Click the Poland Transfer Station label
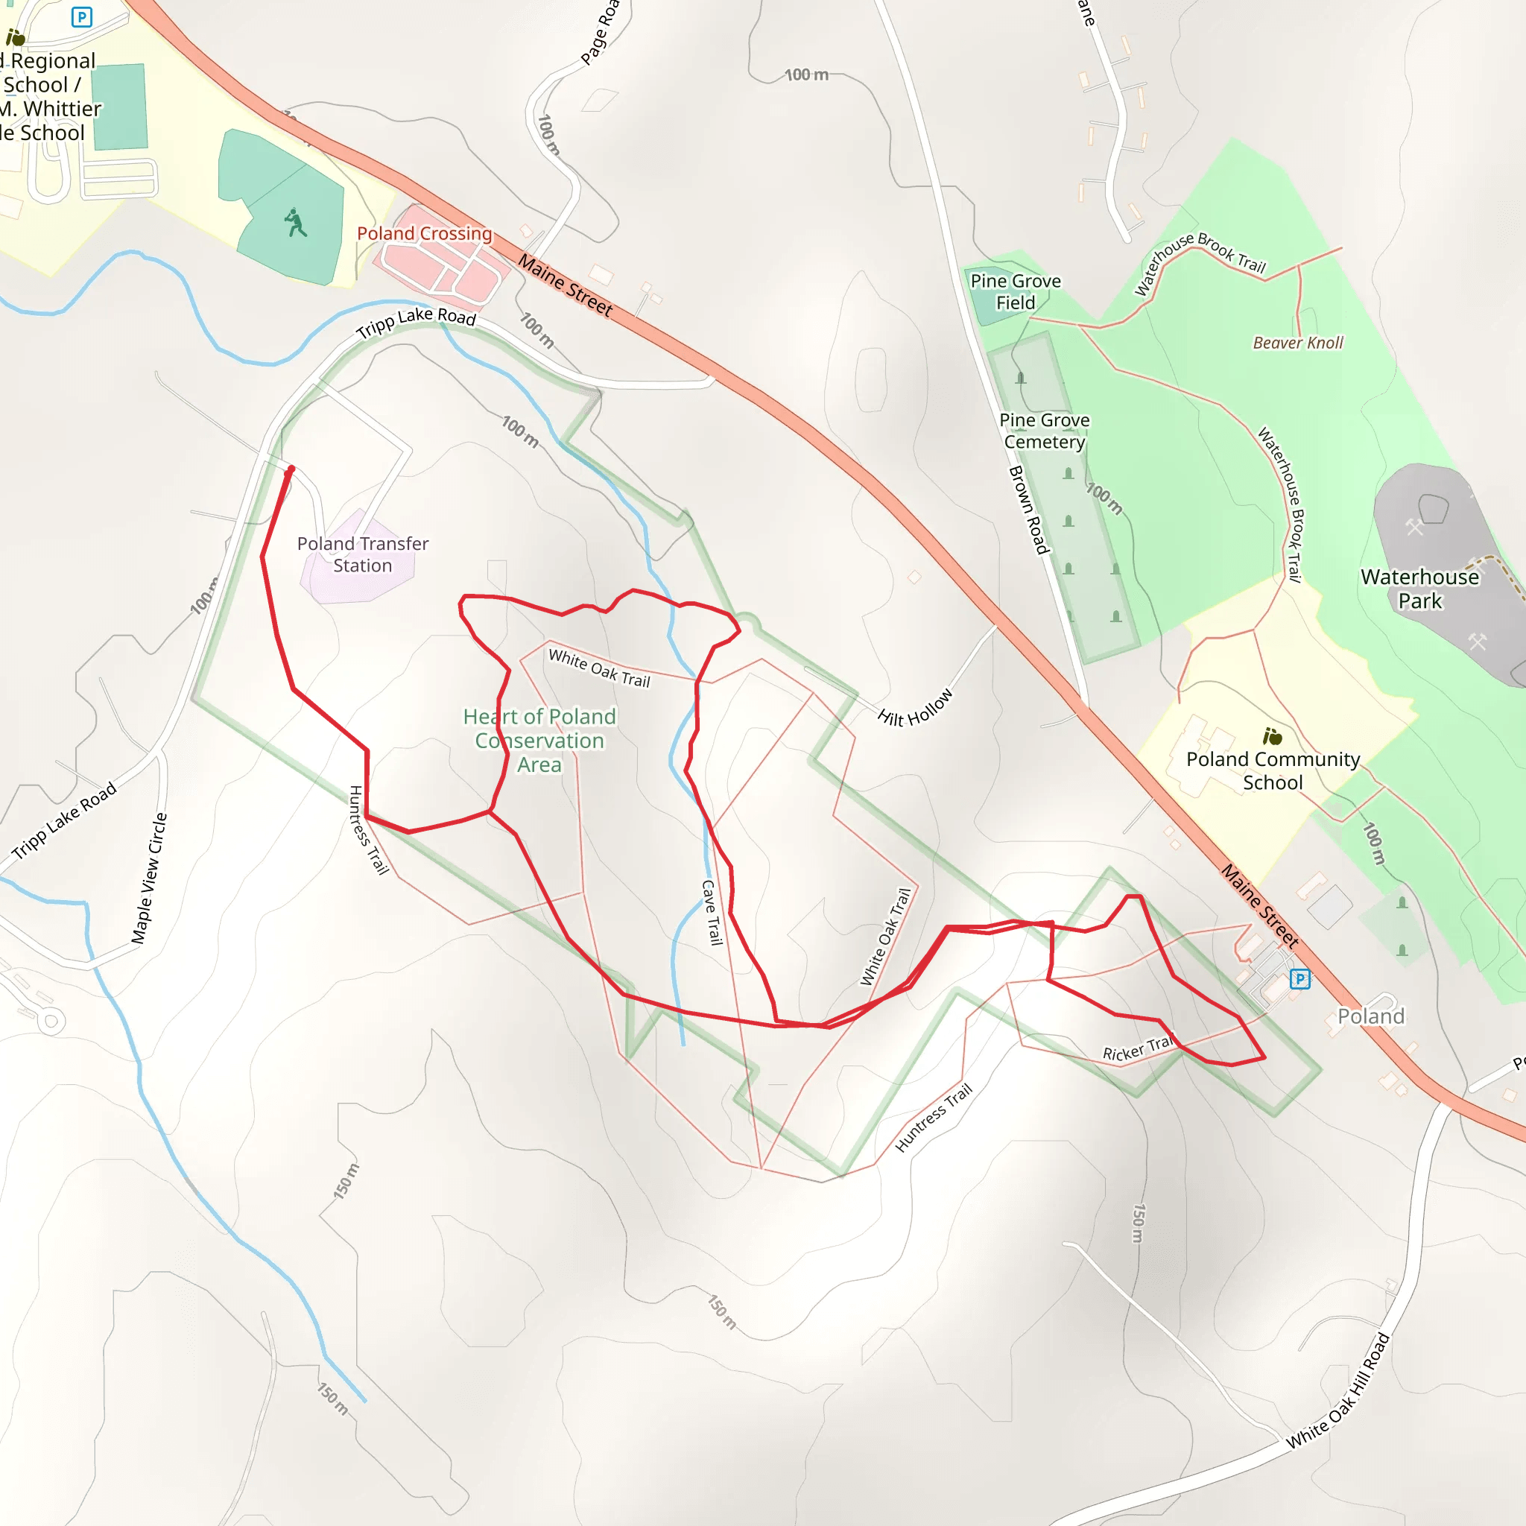coord(363,554)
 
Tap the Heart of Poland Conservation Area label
coord(539,740)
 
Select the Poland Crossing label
coord(424,234)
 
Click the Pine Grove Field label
coord(1015,291)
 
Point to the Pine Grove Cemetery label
coord(1044,431)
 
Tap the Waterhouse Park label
coord(1419,589)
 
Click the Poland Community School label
coord(1273,770)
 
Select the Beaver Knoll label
coord(1298,343)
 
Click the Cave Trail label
coord(712,912)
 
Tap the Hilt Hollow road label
coord(916,707)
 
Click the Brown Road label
coord(1028,510)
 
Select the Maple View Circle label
coord(149,878)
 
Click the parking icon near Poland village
coord(1300,979)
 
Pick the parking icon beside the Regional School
coord(81,16)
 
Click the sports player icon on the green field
coord(295,223)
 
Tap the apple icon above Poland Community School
coord(1273,737)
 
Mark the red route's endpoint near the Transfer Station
coord(291,469)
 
